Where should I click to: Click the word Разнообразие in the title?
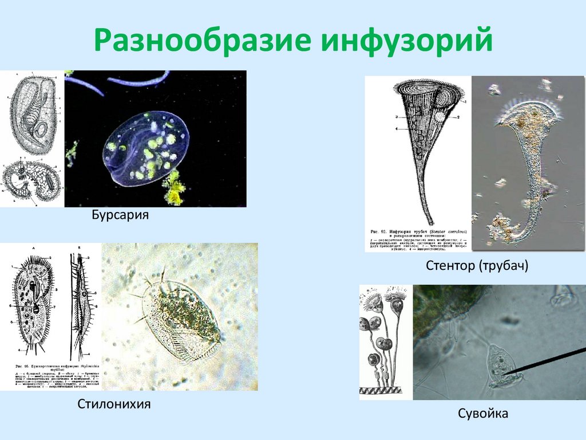(x=203, y=41)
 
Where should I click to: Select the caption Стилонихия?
(x=114, y=404)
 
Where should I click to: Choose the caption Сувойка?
(x=483, y=413)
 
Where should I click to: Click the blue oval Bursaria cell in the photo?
(x=146, y=148)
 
